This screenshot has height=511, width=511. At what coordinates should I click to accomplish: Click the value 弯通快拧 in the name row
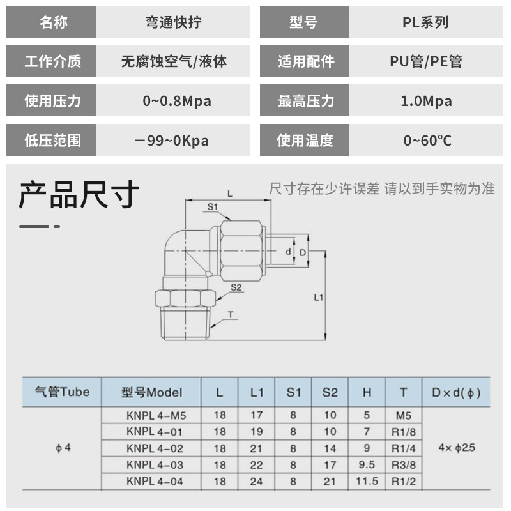(174, 22)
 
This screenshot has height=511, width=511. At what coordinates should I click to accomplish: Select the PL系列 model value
(425, 22)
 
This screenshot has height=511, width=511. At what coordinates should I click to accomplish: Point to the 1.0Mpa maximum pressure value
(426, 101)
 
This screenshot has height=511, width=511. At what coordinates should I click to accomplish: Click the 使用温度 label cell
(305, 140)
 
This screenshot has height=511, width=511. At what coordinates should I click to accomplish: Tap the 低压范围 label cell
(52, 140)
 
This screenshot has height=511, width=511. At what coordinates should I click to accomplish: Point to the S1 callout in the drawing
(213, 206)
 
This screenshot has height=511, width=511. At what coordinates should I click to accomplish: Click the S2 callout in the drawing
(236, 287)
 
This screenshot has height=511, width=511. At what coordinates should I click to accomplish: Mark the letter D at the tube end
(303, 253)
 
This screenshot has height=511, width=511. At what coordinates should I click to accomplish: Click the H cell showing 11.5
(367, 482)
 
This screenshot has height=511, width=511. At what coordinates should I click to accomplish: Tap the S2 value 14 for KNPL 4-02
(330, 448)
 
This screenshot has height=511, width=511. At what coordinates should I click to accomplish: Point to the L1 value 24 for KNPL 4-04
(256, 482)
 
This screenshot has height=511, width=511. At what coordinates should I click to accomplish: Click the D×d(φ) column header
(456, 392)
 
